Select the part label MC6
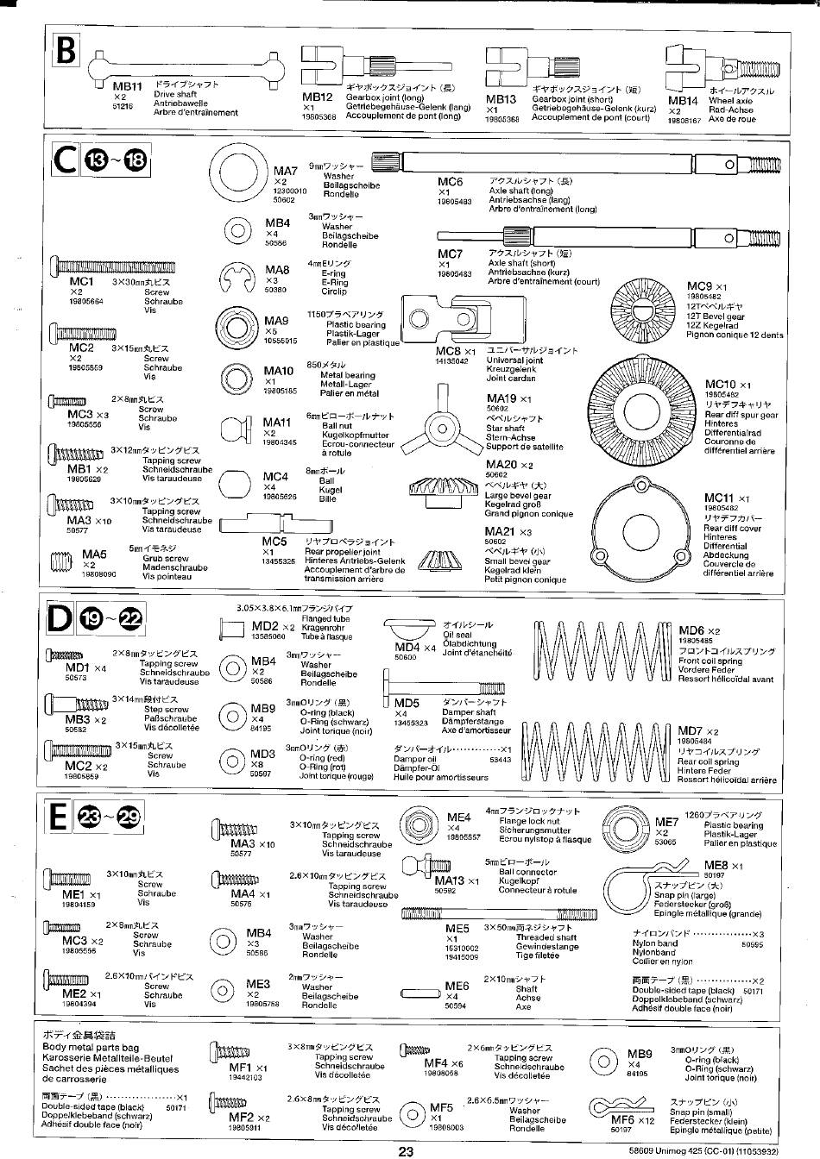click(x=451, y=182)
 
